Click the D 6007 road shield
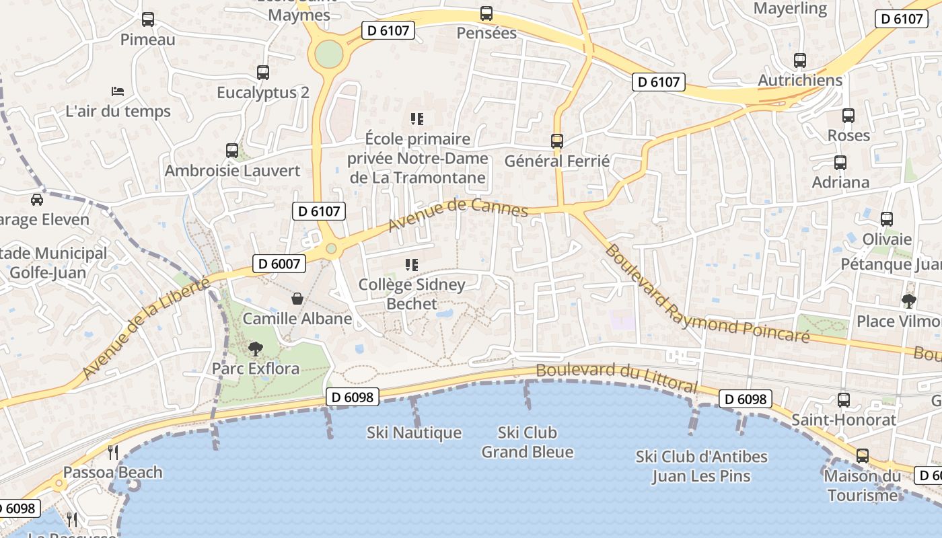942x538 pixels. [279, 264]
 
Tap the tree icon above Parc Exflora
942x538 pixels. [255, 348]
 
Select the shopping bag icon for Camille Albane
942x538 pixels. [297, 299]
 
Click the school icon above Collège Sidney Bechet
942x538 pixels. [412, 265]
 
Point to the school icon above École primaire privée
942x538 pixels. [417, 119]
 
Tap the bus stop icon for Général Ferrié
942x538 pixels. [557, 141]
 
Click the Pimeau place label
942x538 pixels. [147, 40]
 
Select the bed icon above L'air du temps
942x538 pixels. [118, 91]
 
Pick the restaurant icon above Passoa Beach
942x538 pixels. [113, 452]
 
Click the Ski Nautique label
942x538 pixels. [414, 433]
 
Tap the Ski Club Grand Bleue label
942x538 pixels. [528, 442]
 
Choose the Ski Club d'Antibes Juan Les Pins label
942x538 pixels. [701, 466]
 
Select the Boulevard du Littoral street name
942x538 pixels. [616, 377]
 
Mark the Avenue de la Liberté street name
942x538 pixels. [145, 328]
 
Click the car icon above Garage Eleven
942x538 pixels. [37, 200]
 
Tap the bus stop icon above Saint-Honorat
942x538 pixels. [844, 400]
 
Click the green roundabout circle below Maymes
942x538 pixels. [328, 54]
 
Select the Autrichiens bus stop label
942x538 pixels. [800, 80]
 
